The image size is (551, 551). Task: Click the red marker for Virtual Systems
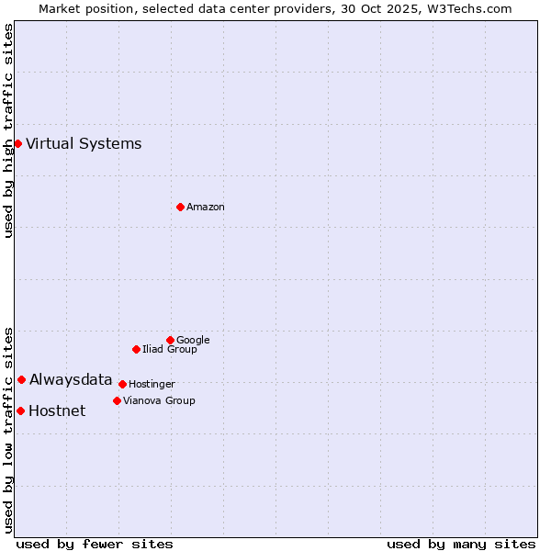coord(17,143)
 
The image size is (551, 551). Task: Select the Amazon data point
coord(180,207)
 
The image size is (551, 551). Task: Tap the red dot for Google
coord(170,340)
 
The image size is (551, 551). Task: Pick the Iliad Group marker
coord(136,349)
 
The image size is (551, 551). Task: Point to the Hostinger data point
coord(122,384)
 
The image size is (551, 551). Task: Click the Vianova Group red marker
coord(117,400)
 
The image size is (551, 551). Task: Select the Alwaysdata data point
coord(21,379)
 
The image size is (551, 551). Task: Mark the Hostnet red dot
coord(20,410)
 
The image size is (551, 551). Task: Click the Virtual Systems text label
coord(84,143)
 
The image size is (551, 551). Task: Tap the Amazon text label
coord(206,208)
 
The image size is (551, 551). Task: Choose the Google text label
coord(193,340)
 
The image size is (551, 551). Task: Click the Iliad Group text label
coord(170,349)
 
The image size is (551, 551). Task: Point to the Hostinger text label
coord(152,384)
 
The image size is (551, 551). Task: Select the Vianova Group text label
coord(159,400)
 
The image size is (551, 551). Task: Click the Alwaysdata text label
coord(71,379)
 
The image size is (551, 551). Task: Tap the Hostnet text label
coord(57,410)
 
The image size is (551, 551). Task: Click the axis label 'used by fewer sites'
coord(95,544)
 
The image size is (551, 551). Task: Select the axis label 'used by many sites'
coord(461,544)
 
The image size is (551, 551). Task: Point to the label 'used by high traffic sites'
coord(9,130)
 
